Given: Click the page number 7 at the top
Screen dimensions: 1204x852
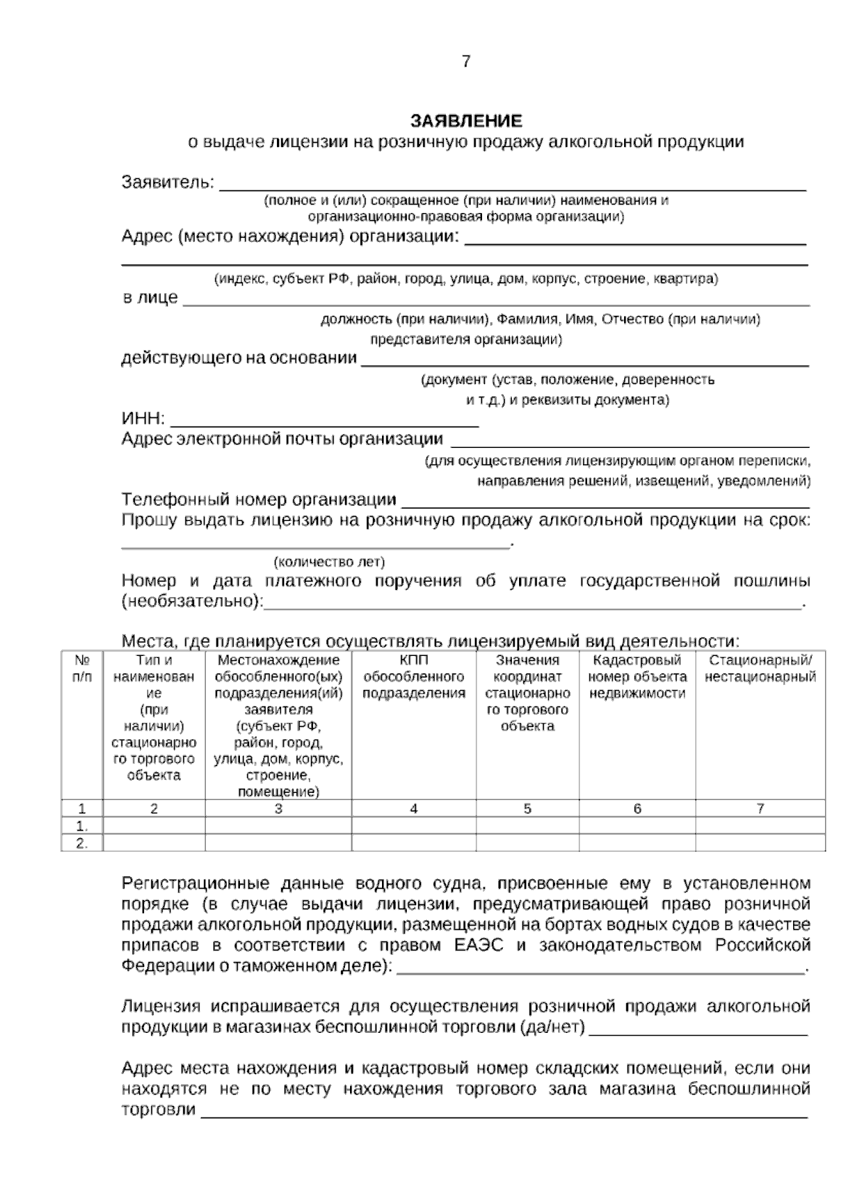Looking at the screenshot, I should coord(466,62).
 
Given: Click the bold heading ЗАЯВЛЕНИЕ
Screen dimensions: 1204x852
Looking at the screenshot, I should coord(466,120).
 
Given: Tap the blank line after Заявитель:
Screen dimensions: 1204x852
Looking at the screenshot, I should coord(511,183).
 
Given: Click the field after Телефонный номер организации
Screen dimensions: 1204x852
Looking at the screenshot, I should coord(605,500).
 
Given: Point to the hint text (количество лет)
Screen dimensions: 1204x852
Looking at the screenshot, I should coord(329,562).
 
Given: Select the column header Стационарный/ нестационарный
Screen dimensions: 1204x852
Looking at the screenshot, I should coord(760,669).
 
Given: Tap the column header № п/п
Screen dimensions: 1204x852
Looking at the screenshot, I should coord(82,669).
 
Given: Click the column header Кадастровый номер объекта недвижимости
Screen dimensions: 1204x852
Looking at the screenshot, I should coord(637,677).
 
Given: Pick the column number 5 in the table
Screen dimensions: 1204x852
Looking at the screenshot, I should coord(528,808).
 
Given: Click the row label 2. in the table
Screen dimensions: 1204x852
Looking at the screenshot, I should coord(82,843).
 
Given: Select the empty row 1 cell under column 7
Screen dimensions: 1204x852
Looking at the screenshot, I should coord(760,826).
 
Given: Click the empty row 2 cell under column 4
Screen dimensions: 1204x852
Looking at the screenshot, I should coord(413,843).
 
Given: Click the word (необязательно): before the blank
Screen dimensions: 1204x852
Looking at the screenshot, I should coord(192,602).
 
